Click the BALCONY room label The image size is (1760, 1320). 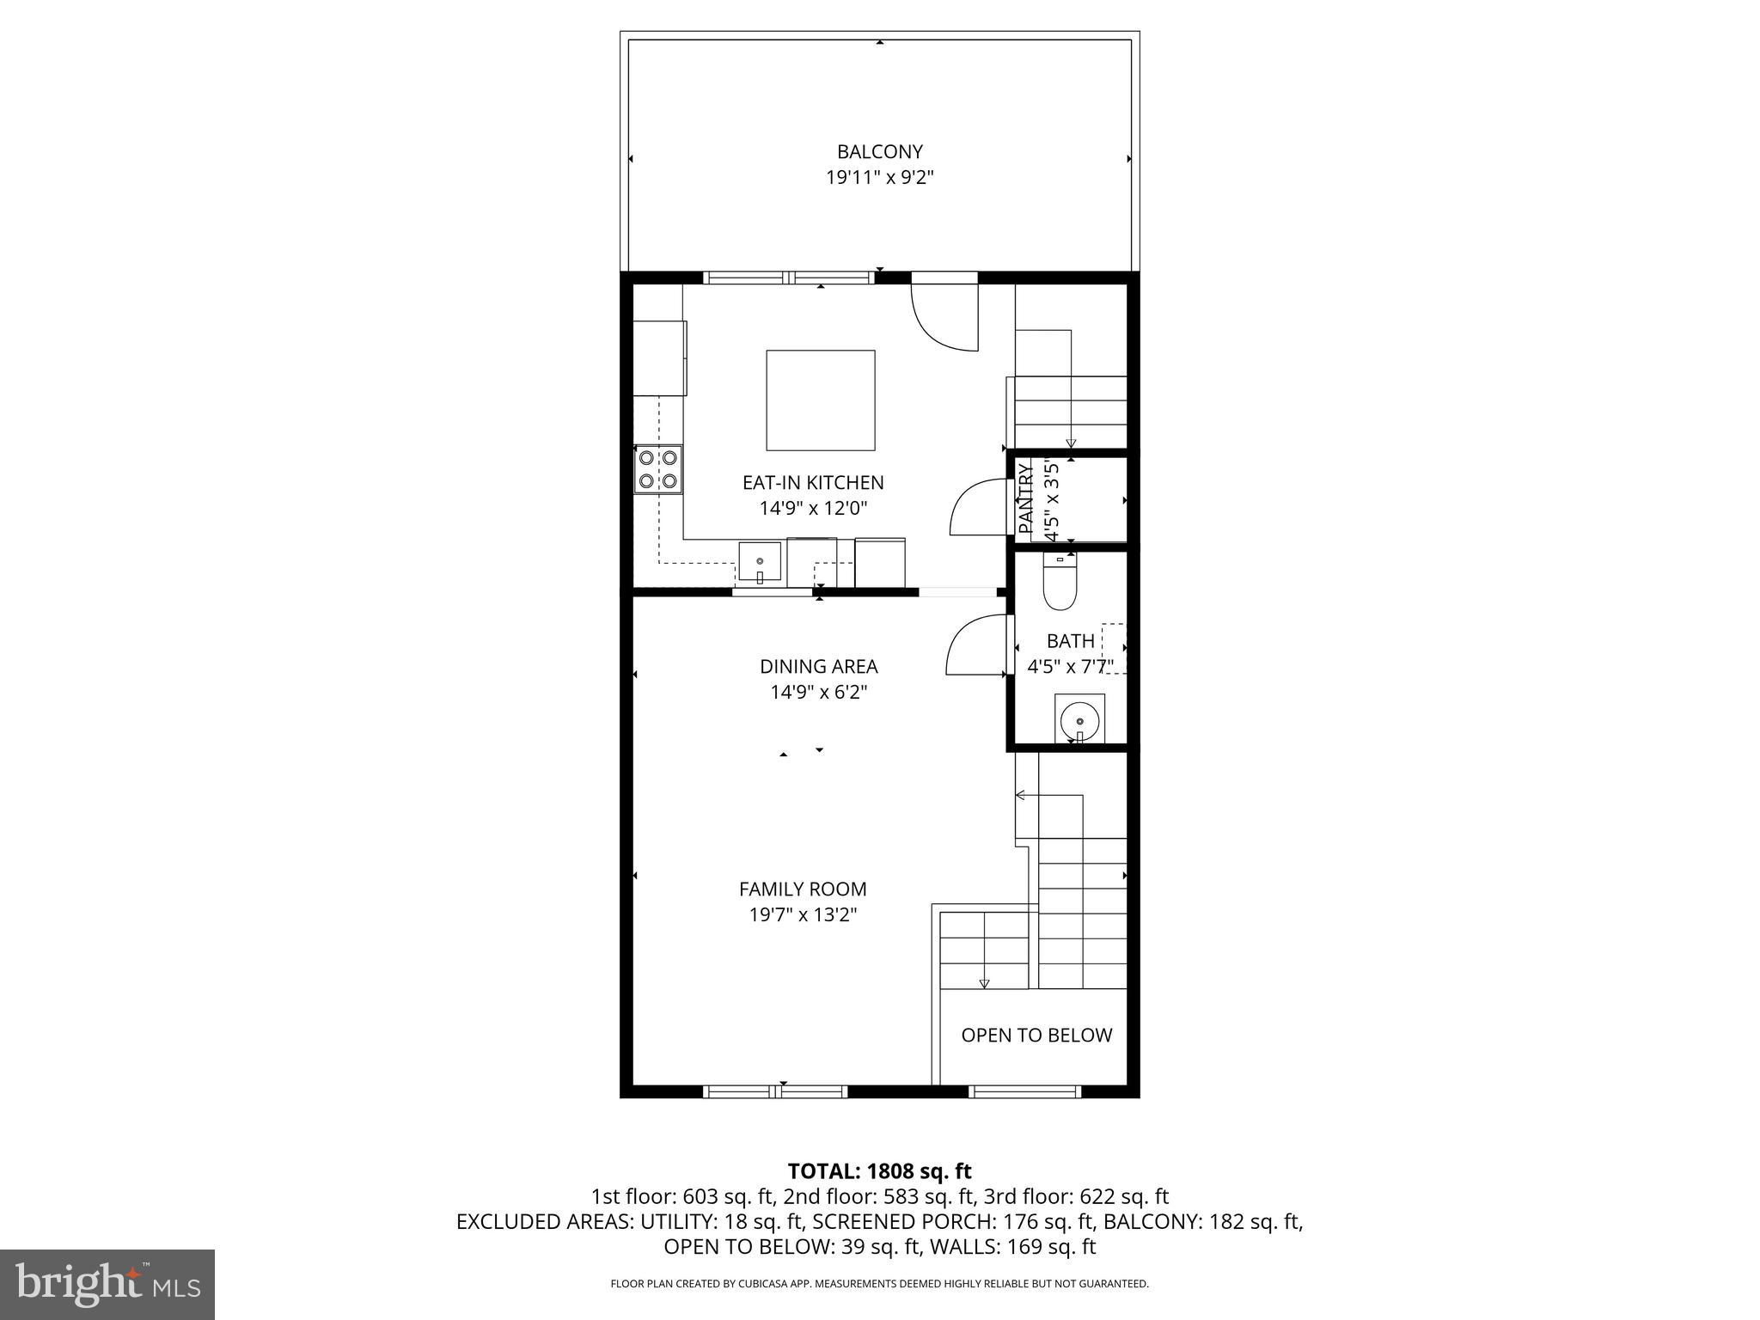(879, 152)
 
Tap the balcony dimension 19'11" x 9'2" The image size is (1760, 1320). (879, 178)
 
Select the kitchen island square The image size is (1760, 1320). (820, 400)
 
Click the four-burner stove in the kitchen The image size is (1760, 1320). (658, 469)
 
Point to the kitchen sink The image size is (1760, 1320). (760, 564)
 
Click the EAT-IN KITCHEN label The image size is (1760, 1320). (812, 483)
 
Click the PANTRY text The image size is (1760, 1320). (1024, 498)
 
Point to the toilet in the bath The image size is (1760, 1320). (1060, 582)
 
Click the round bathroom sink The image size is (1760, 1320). (1079, 718)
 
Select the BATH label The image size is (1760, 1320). (1070, 641)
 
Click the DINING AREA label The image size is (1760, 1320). (818, 667)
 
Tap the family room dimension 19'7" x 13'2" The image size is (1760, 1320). (803, 915)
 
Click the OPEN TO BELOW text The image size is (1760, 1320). (1036, 1036)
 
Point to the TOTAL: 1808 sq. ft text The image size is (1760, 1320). (879, 1171)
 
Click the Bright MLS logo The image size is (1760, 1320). (107, 1284)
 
